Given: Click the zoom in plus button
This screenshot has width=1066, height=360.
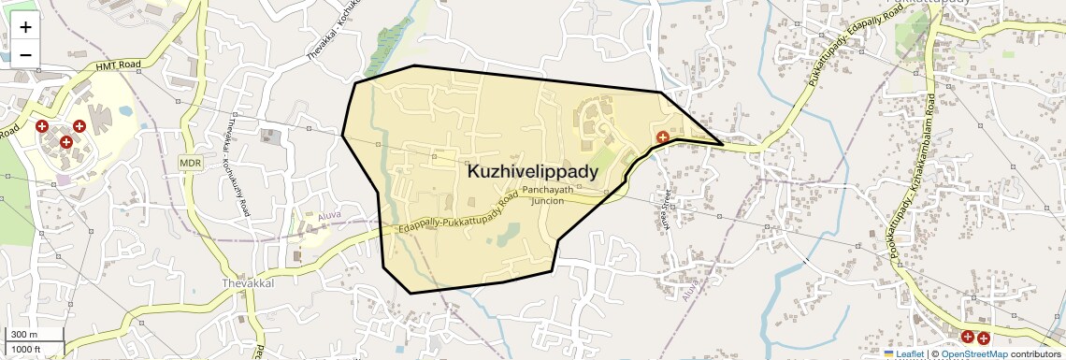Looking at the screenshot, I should pyautogui.click(x=25, y=27).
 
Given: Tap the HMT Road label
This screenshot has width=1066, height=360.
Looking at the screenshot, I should pyautogui.click(x=118, y=65).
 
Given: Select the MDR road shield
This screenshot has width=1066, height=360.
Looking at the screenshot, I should pyautogui.click(x=191, y=163).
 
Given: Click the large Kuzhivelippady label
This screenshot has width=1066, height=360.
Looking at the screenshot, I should pyautogui.click(x=532, y=172).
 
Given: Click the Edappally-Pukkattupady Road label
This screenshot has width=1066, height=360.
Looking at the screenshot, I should pyautogui.click(x=457, y=215).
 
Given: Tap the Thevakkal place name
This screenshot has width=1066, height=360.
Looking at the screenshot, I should pyautogui.click(x=247, y=282).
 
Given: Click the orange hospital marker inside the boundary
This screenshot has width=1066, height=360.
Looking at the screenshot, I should pyautogui.click(x=662, y=137).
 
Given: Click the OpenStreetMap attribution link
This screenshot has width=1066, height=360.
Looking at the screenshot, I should pyautogui.click(x=973, y=354).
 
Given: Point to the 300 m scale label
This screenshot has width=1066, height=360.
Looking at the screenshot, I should pyautogui.click(x=23, y=335).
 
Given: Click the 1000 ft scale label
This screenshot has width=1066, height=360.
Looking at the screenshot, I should pyautogui.click(x=26, y=349).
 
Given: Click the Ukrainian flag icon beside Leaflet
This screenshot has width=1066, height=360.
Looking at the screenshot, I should pyautogui.click(x=889, y=354).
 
